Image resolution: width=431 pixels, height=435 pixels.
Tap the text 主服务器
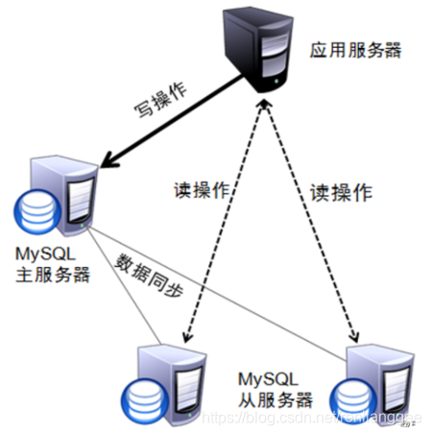coord(53,274)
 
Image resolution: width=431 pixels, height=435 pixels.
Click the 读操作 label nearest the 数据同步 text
coord(200,189)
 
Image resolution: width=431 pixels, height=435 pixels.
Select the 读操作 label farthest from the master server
coord(340,191)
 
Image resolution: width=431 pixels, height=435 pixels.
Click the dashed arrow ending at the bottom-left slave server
coord(222,230)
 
